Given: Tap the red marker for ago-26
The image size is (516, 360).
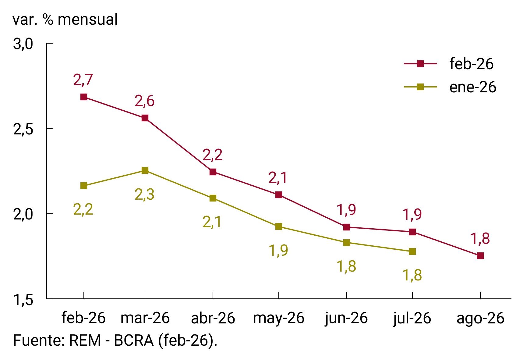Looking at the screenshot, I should (x=480, y=256).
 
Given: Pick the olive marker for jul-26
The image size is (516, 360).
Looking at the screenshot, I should (x=412, y=251).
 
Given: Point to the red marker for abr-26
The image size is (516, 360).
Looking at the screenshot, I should (x=213, y=172).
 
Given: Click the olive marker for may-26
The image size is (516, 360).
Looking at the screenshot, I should (x=279, y=226).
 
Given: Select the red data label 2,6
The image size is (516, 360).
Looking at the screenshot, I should (x=145, y=101).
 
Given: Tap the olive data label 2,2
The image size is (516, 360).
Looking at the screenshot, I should (x=83, y=210).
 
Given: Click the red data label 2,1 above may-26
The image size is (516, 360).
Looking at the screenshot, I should (x=278, y=178).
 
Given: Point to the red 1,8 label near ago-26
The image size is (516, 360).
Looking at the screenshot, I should (x=480, y=239).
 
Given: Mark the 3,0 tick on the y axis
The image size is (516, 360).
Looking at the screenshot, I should (x=23, y=44).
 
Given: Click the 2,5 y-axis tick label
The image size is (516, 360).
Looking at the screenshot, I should (x=23, y=129).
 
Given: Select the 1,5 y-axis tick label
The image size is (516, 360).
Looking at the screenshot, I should (x=23, y=300).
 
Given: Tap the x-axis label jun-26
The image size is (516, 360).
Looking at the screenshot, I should (x=346, y=318).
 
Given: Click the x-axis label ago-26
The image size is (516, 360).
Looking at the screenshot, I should (x=480, y=318).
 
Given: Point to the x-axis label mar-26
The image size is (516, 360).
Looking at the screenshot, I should (x=145, y=318).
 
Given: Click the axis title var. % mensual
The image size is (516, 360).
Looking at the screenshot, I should (x=65, y=20).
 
